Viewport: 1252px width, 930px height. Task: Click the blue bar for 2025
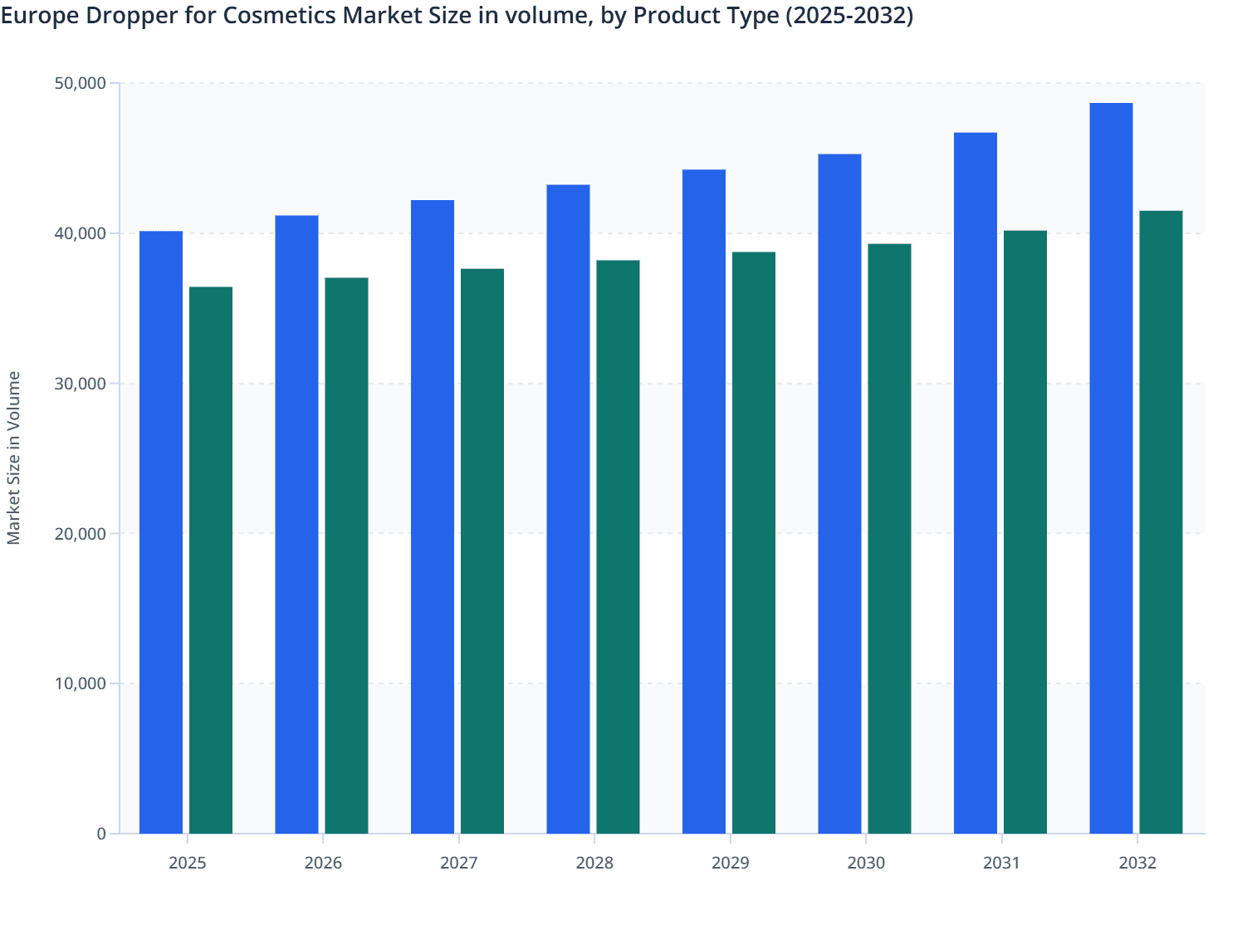161,531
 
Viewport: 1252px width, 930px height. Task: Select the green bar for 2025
211,560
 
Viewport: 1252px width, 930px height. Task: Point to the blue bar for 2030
839,493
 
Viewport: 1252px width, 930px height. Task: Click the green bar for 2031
1025,531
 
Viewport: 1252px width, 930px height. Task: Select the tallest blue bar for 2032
1111,468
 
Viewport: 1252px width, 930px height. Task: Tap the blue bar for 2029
704,502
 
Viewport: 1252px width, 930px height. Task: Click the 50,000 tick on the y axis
80,83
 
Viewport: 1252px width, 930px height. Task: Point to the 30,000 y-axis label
80,384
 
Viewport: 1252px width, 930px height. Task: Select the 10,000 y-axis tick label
80,683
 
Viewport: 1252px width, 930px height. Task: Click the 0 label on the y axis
100,834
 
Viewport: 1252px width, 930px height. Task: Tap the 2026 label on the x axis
323,863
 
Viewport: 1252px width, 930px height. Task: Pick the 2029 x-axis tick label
731,863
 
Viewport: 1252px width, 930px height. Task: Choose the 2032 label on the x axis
1137,863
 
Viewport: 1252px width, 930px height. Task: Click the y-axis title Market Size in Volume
14,458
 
